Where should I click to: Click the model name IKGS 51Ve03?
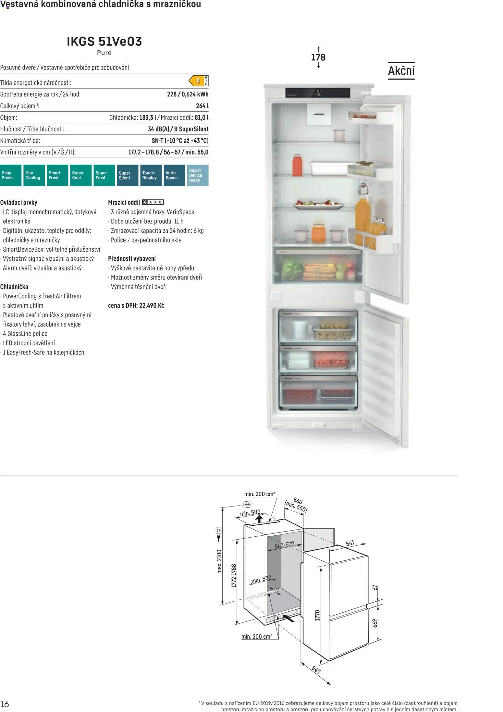(104, 42)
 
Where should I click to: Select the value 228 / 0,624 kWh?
(188, 94)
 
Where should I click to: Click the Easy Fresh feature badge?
(11, 175)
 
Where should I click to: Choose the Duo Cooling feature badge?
(34, 175)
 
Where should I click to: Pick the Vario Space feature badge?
(174, 175)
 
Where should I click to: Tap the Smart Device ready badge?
(198, 175)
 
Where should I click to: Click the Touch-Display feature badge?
(151, 175)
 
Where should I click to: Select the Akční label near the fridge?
(401, 71)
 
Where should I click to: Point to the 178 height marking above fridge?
(318, 57)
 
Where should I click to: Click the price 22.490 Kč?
(152, 306)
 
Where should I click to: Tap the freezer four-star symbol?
(153, 202)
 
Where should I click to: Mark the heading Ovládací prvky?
(19, 203)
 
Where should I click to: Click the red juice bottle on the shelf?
(297, 165)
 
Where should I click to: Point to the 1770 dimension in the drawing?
(318, 615)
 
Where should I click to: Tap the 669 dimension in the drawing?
(375, 623)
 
